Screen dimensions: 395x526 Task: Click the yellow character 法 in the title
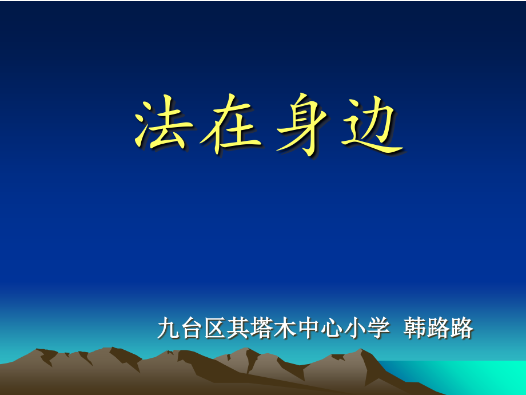click(161, 127)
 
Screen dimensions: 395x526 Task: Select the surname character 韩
click(415, 329)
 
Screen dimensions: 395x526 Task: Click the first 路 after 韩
click(439, 329)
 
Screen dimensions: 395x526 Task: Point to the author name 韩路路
click(439, 329)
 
